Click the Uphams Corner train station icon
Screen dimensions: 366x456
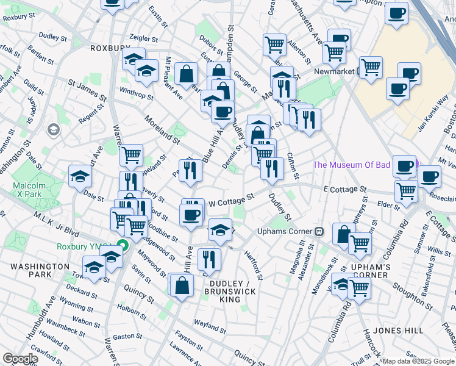click(318, 231)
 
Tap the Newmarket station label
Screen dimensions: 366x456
click(335, 71)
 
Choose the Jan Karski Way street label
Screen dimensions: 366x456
click(433, 113)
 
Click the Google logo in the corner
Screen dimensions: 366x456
click(20, 359)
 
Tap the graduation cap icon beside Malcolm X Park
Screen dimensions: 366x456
click(80, 176)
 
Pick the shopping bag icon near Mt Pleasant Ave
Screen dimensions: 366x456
click(186, 74)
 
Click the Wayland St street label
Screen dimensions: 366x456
click(210, 323)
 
